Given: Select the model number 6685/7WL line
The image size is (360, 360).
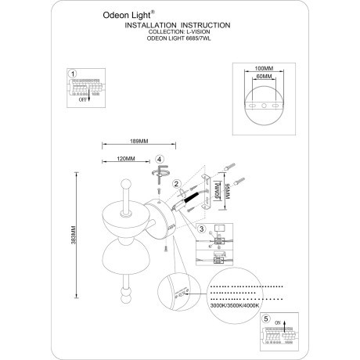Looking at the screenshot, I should pos(179,40).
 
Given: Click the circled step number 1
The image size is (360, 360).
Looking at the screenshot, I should pos(73,74).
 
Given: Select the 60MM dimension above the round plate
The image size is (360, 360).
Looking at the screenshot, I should pos(264,78).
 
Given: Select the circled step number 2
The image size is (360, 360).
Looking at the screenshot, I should pos(178,185).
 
